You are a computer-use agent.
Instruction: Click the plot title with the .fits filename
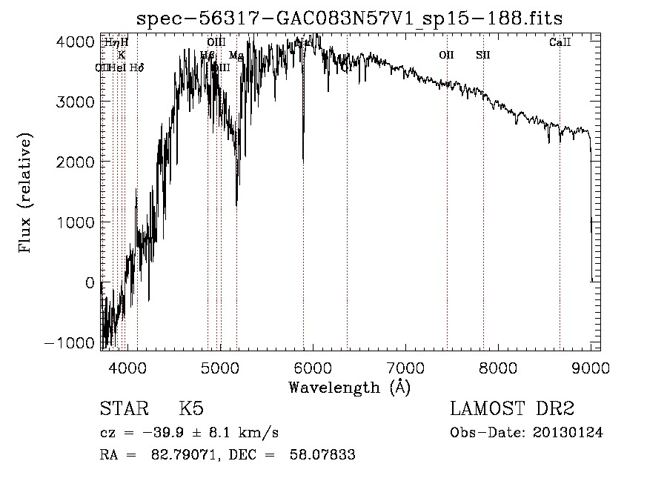tap(355, 18)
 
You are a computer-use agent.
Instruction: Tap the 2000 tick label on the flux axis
tap(78, 162)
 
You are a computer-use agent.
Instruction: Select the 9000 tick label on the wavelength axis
tap(591, 367)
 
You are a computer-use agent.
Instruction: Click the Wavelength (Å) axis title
tap(349, 387)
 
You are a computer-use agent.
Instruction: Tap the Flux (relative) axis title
tap(27, 194)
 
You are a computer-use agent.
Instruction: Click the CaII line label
tap(560, 43)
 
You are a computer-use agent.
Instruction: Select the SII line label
tap(483, 55)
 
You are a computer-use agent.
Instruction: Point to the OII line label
tap(446, 55)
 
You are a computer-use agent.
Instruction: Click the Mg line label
tap(236, 56)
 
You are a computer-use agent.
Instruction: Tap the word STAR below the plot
tap(123, 409)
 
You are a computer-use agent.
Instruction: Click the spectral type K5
tap(191, 409)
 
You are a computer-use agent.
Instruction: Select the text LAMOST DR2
tap(512, 409)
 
